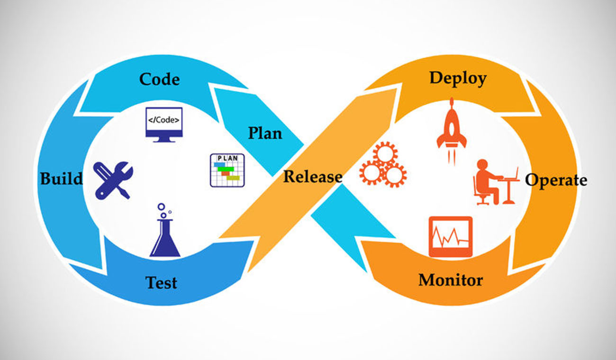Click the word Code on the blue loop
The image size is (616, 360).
click(160, 79)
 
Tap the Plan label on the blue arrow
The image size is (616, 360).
click(265, 133)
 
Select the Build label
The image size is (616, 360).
click(61, 179)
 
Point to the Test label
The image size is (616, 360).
click(161, 282)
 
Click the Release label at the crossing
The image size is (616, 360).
click(313, 176)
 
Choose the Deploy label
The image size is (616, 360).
click(458, 79)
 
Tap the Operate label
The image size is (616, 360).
click(556, 181)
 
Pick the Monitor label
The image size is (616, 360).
click(451, 280)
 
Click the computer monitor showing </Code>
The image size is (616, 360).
click(164, 125)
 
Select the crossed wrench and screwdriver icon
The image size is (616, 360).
click(113, 180)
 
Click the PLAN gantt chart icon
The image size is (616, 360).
click(227, 171)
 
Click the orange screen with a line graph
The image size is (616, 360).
click(451, 237)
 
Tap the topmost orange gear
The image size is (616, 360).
click(385, 154)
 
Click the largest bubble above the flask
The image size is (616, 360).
click(162, 207)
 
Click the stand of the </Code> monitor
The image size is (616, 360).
click(164, 140)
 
